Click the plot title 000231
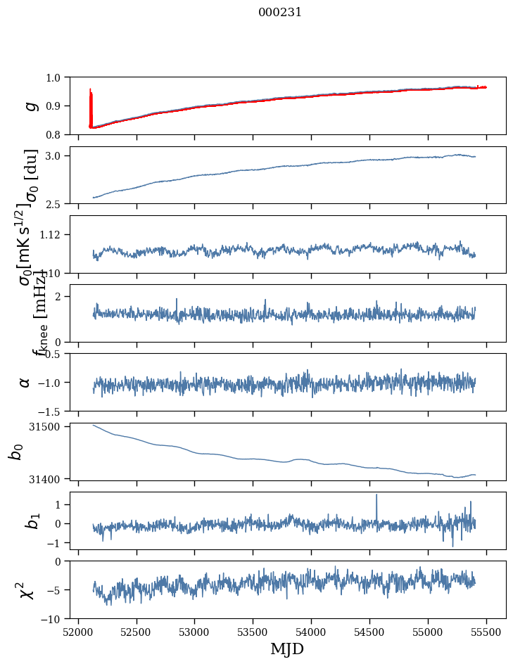[280, 12]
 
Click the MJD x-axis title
[287, 649]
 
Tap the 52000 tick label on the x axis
[78, 632]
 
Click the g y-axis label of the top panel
[30, 106]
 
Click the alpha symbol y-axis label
[25, 382]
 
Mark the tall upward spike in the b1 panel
[376, 497]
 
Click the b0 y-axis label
[15, 452]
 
